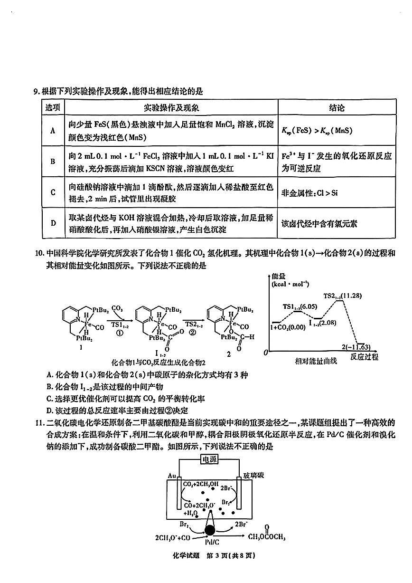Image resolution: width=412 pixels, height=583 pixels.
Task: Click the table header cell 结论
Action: [x=337, y=108]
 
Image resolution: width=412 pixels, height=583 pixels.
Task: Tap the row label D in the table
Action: [x=53, y=223]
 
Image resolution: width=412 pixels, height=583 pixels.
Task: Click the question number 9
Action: [x=36, y=92]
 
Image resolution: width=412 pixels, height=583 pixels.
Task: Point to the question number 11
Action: [x=38, y=423]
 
